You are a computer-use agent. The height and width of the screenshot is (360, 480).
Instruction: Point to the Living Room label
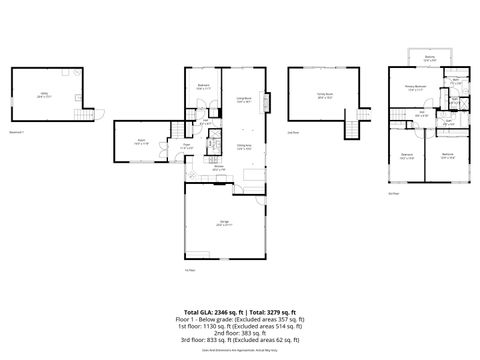click(243, 99)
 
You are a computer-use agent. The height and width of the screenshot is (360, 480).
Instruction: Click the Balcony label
click(429, 58)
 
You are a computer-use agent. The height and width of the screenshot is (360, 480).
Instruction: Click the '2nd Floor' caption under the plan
click(293, 131)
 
